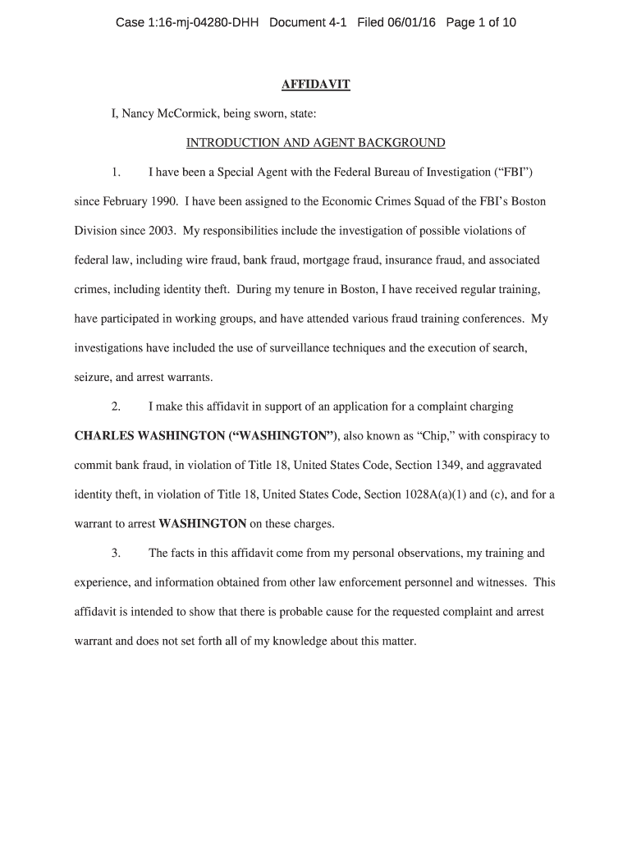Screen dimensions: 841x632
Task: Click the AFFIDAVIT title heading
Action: [x=316, y=85]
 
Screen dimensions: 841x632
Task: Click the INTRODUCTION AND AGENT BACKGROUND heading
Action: [x=316, y=143]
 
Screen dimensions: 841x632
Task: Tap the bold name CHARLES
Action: [x=105, y=435]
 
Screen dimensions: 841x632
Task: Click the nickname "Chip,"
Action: [x=437, y=435]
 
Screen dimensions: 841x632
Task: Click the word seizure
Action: [x=93, y=377]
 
